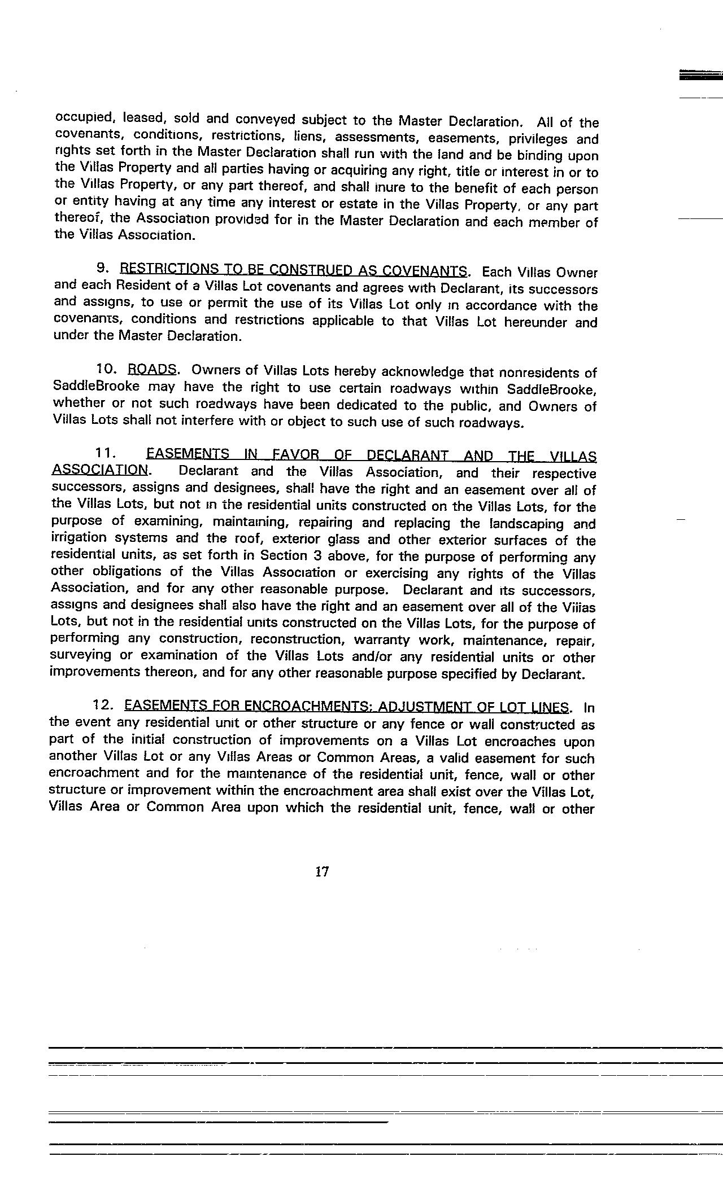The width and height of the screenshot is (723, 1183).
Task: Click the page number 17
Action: pos(321,871)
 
